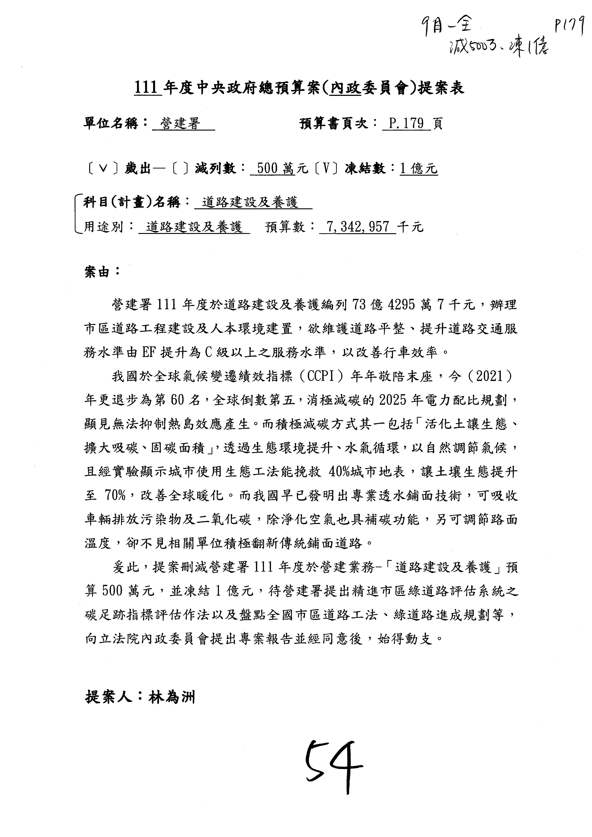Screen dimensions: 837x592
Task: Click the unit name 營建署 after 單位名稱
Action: pyautogui.click(x=181, y=124)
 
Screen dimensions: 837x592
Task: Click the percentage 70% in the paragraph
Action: pyautogui.click(x=115, y=496)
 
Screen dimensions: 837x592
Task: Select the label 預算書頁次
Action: pyautogui.click(x=334, y=124)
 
